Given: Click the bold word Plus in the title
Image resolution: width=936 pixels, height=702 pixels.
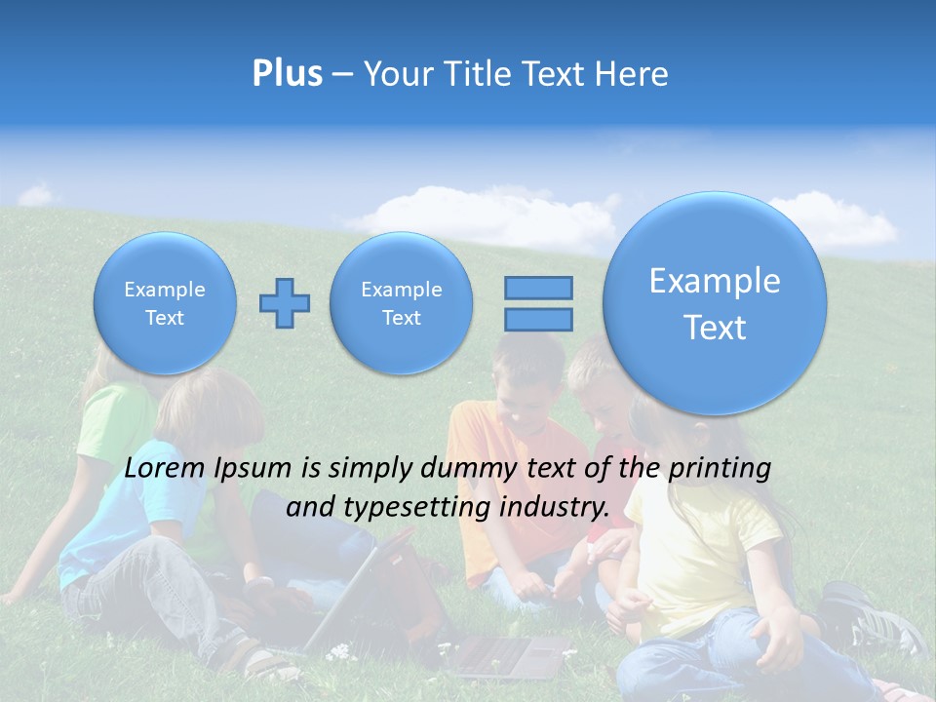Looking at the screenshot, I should (287, 74).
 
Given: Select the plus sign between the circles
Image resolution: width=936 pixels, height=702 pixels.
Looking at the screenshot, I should (285, 303).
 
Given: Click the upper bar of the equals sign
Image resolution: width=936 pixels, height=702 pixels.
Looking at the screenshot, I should (538, 288).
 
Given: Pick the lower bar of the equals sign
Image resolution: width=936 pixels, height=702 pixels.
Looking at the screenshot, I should (538, 319).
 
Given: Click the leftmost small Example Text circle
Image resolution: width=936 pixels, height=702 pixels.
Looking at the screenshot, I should (165, 303).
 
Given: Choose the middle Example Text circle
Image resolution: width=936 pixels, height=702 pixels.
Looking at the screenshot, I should (401, 303).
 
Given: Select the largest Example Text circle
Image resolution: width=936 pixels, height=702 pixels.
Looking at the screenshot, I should (715, 303).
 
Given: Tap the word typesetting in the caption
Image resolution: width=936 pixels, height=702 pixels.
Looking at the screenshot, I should (422, 507).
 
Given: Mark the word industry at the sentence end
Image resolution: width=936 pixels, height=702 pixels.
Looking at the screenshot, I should (554, 507).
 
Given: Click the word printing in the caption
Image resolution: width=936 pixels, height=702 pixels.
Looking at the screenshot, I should (719, 468).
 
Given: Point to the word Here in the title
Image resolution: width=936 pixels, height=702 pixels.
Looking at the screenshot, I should (634, 74).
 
